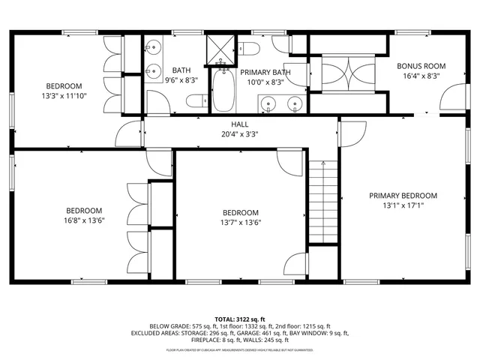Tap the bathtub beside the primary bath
(223, 91)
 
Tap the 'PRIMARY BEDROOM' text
(403, 196)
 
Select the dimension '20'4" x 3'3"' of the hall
(239, 135)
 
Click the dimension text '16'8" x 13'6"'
(84, 220)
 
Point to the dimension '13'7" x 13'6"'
(240, 222)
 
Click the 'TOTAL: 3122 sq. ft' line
(239, 318)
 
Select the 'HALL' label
(239, 124)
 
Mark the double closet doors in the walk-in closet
(346, 75)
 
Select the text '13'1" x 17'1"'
(403, 206)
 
